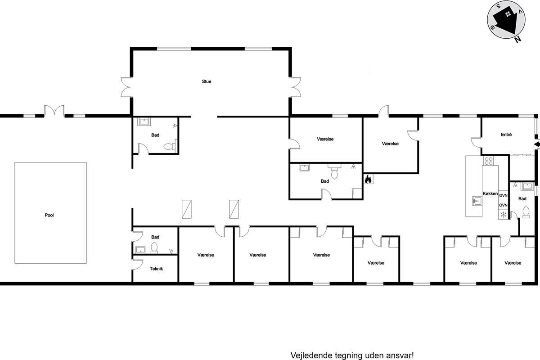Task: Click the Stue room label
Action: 207,81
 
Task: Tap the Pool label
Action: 49,215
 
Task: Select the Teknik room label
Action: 156,269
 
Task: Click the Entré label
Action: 506,135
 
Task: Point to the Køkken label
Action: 490,193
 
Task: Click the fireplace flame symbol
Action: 368,179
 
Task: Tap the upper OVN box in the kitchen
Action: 503,195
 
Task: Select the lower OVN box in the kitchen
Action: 503,205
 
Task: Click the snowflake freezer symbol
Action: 503,215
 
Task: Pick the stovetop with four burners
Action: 488,161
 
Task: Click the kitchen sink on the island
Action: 477,201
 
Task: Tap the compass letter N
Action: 517,39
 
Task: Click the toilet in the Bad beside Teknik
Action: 154,247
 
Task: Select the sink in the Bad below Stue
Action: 144,121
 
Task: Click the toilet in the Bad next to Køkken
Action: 526,212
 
